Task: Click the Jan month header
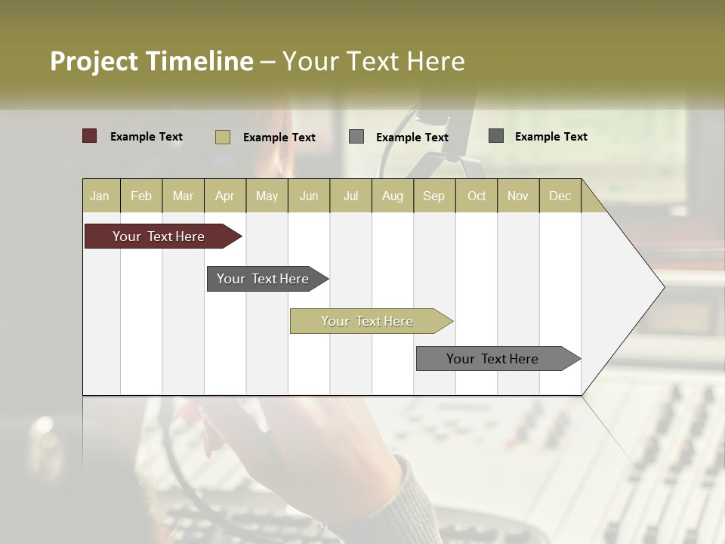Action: coord(100,196)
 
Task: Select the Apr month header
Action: coord(224,196)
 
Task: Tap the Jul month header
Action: coord(350,196)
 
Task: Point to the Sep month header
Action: coord(433,196)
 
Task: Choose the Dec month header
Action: coord(560,196)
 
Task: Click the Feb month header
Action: coord(141,196)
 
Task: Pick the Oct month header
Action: coord(477,196)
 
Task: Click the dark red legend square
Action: coord(90,136)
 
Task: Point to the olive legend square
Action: coord(222,137)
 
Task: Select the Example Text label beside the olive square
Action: coord(279,138)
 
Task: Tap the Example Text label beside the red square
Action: coord(147,137)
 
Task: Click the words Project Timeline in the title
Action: coord(151,61)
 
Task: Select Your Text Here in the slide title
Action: coord(373,61)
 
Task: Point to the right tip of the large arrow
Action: coord(662,287)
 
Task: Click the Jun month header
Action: coord(309,196)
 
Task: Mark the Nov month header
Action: coord(518,196)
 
